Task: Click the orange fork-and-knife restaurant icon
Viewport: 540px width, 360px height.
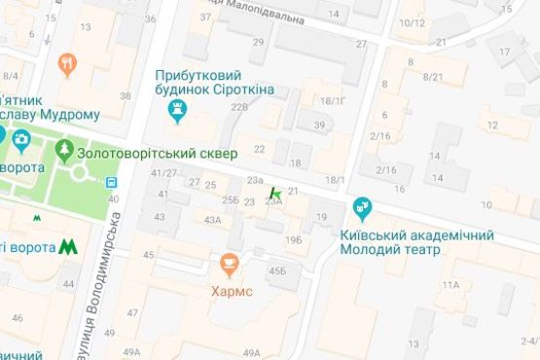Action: [67, 64]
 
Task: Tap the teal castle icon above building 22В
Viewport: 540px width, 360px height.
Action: [177, 114]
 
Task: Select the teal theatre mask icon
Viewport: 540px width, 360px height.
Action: [363, 207]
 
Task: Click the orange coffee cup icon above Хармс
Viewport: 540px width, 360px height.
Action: [229, 264]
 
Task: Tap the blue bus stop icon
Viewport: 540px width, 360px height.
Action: [114, 181]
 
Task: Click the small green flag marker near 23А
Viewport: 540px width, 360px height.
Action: [275, 195]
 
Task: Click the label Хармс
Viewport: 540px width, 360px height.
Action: [229, 290]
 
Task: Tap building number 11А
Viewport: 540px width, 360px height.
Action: [450, 284]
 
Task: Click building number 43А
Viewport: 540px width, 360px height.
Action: [212, 220]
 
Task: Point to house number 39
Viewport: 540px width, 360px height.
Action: [318, 125]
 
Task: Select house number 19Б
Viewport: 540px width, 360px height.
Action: [294, 239]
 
